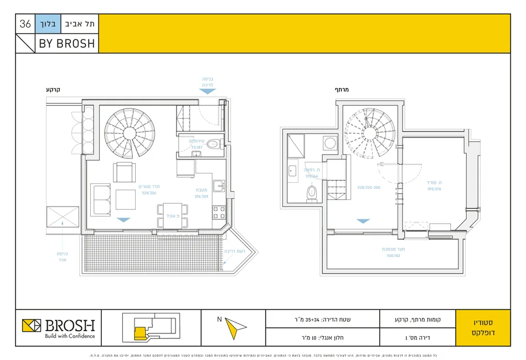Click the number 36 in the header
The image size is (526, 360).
coord(25,24)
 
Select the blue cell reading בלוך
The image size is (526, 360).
coord(46,24)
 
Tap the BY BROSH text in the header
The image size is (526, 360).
coord(66,44)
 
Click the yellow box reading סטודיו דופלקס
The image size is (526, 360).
coord(483,327)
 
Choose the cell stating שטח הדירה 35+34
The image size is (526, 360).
coord(322,318)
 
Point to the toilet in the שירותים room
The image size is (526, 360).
coord(213,145)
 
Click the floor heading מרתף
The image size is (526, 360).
coord(341,89)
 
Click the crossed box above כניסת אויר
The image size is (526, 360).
coord(63,217)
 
